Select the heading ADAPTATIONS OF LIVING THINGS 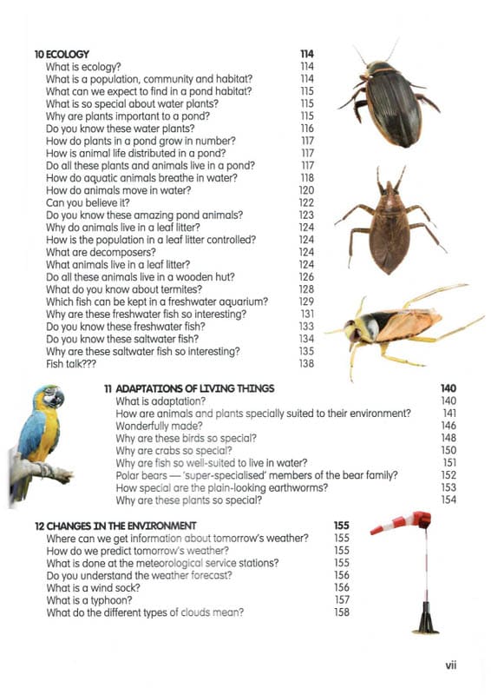[195, 388]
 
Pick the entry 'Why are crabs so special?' [173, 451]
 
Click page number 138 [306, 363]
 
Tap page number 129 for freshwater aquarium [306, 301]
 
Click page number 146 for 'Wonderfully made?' [448, 426]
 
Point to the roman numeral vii [450, 665]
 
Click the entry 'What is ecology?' [83, 66]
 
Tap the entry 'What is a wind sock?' [91, 587]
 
